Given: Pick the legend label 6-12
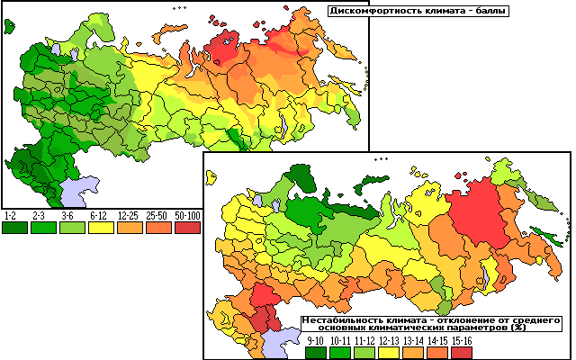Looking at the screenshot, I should [99, 217].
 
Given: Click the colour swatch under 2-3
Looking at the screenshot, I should [41, 229].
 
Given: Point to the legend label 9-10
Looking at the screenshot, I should [316, 340].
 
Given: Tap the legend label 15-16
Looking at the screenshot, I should [461, 340].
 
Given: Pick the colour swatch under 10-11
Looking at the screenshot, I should [341, 352].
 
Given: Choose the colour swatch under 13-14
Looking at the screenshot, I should [414, 352].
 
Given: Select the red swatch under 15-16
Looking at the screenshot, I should [461, 352].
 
